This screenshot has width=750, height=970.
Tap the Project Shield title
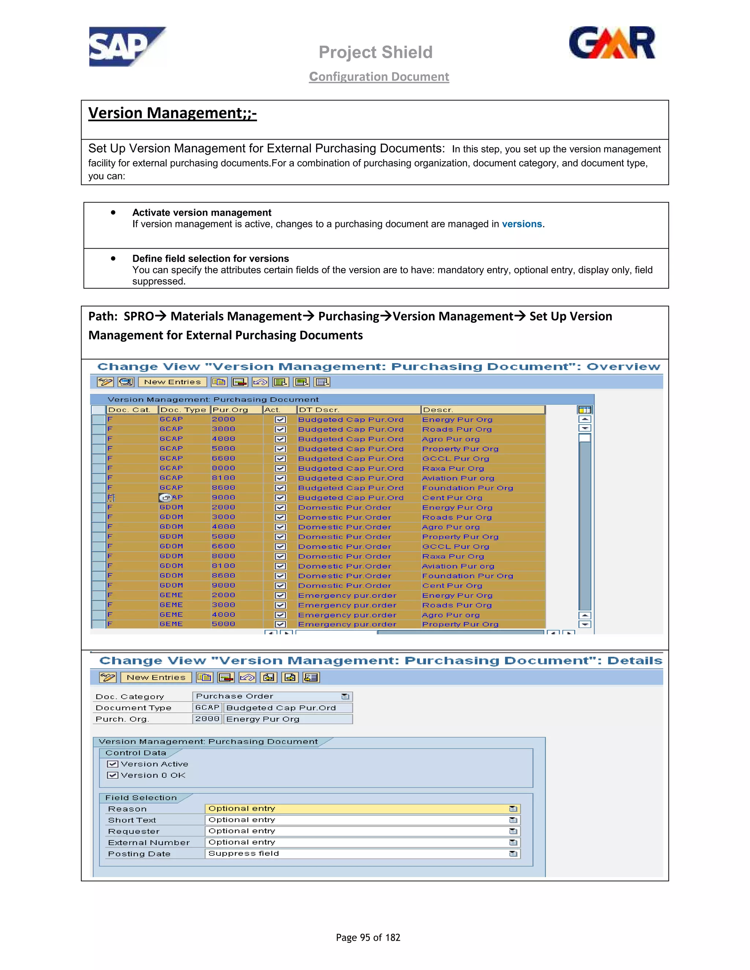click(x=375, y=52)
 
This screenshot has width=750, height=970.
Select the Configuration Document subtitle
click(x=379, y=77)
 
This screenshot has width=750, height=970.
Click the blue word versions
click(x=521, y=224)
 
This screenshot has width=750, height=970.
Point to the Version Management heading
click(x=172, y=113)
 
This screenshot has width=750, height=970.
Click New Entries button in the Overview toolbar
click(x=172, y=382)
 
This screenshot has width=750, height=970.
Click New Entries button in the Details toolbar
click(x=156, y=677)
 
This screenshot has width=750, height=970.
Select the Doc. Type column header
click(x=183, y=410)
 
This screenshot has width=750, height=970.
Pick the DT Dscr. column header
click(x=319, y=410)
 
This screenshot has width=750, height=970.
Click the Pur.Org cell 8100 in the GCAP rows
click(x=223, y=478)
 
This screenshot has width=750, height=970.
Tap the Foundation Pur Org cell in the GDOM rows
click(x=467, y=576)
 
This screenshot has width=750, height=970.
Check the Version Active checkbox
click(x=113, y=764)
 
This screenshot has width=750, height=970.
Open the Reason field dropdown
click(x=513, y=809)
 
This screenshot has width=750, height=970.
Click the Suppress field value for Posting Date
click(x=244, y=853)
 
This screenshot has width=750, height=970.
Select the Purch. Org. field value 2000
click(x=207, y=719)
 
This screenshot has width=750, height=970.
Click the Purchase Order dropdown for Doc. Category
click(x=345, y=697)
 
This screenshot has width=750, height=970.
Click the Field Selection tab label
click(x=141, y=798)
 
